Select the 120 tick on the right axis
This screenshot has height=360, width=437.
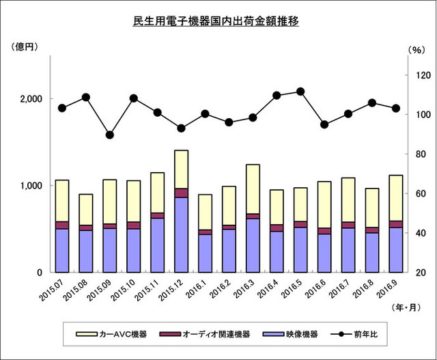[x=421, y=75]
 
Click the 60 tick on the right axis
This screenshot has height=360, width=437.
[x=418, y=194]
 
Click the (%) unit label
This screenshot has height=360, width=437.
[x=415, y=50]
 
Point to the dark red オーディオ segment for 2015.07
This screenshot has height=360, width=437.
[x=62, y=225]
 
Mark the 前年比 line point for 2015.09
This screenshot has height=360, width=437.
[x=110, y=135]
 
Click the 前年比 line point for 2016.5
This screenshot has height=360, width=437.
[x=300, y=92]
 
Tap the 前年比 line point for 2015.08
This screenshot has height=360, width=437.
[x=86, y=97]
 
